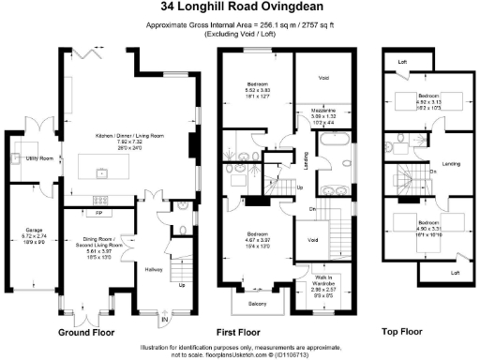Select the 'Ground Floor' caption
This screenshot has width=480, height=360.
86,332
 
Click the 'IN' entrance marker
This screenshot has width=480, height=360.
167,319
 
